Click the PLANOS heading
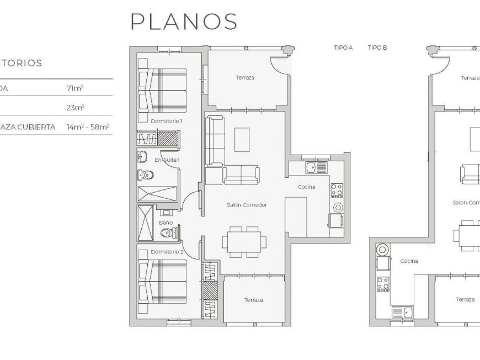[184, 22]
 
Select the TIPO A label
[343, 48]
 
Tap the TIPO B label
[377, 48]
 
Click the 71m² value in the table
[74, 88]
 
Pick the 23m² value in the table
[75, 108]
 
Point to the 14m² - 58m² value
[88, 127]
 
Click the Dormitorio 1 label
[166, 120]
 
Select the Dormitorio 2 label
[167, 252]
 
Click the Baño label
[166, 223]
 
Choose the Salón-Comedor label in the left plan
[247, 205]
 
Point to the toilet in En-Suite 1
[146, 176]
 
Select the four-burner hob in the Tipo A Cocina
[337, 190]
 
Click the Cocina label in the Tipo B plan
[409, 261]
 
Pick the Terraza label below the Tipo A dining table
[253, 300]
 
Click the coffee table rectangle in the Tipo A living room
[242, 140]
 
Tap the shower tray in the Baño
[147, 223]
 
